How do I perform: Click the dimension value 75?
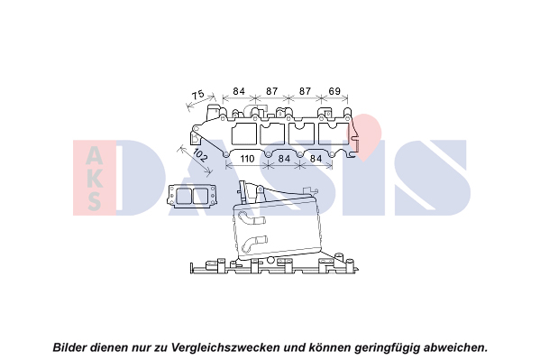click(x=198, y=95)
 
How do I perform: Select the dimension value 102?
click(x=200, y=155)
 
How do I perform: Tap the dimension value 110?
click(x=247, y=159)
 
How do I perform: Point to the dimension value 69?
click(x=334, y=91)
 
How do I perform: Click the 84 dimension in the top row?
click(x=239, y=91)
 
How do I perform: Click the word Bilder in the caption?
click(x=69, y=347)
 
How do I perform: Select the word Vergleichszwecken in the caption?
click(x=224, y=347)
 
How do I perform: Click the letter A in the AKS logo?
click(x=94, y=155)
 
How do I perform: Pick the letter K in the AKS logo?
click(x=95, y=178)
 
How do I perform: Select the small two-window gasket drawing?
click(x=192, y=196)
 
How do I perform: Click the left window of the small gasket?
click(x=183, y=196)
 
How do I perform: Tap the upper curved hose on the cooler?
click(x=252, y=218)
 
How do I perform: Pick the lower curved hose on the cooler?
click(x=254, y=242)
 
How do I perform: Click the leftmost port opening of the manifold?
click(x=244, y=134)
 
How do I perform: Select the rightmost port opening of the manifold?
click(x=334, y=134)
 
